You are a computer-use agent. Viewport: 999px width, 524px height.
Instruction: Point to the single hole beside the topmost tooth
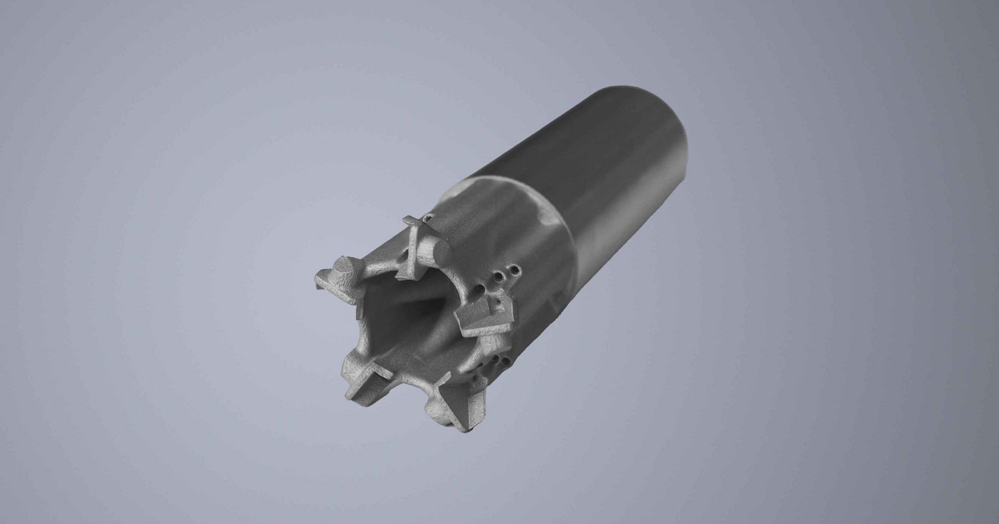(428, 218)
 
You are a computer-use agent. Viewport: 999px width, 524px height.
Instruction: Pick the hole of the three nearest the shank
(514, 270)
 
